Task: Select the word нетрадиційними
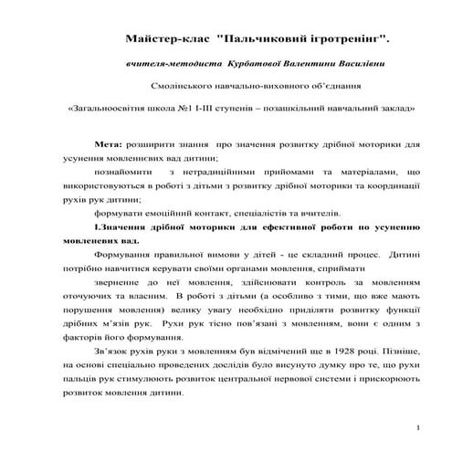click(214, 171)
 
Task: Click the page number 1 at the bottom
click(416, 427)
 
